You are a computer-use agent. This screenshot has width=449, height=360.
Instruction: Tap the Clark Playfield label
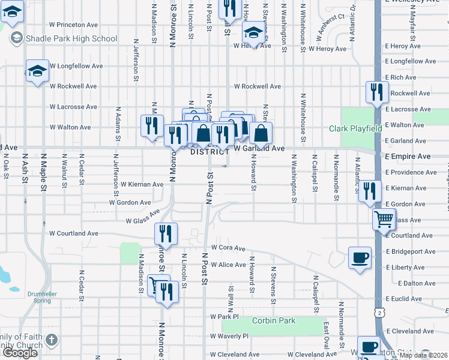[355, 128]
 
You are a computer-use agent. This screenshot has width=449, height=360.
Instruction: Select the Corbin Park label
[274, 320]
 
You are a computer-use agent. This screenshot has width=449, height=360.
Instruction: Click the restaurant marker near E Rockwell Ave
[376, 92]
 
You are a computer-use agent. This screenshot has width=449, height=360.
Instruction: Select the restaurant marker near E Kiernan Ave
[370, 191]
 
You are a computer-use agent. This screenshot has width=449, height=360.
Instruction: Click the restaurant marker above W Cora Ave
[166, 234]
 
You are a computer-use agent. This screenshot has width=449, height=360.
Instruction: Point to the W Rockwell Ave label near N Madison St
[73, 86]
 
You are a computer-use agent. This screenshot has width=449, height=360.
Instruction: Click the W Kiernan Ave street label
[142, 184]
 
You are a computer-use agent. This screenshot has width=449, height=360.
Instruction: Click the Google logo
[20, 352]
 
